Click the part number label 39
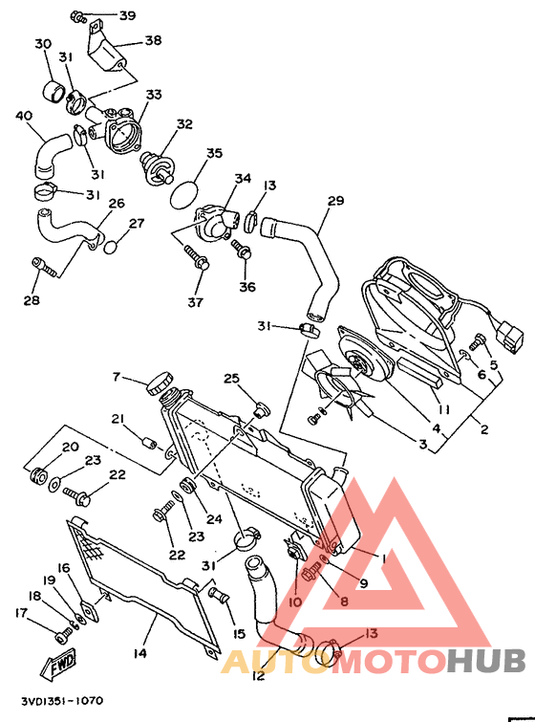[127, 16]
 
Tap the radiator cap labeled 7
[160, 387]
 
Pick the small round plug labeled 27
[112, 246]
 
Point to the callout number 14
[139, 653]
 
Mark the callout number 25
[232, 380]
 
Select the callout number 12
[257, 675]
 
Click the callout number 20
[70, 447]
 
